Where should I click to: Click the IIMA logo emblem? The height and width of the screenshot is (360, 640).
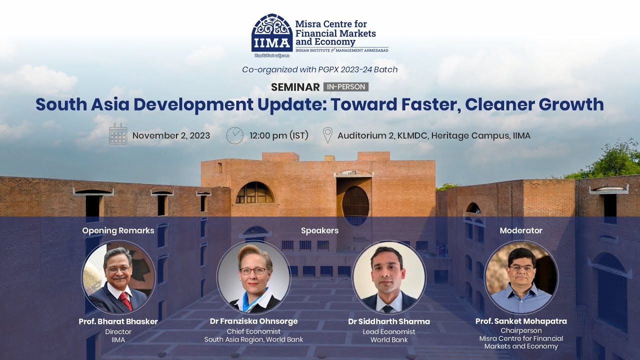pos(272,32)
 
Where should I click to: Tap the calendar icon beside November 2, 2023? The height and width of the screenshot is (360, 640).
pos(118,134)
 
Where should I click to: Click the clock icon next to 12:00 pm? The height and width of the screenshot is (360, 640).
pos(234,135)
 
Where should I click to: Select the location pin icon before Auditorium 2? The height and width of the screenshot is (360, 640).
pos(327,135)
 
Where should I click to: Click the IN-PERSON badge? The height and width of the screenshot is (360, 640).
pos(346,87)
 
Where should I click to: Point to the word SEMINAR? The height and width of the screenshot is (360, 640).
pos(295,87)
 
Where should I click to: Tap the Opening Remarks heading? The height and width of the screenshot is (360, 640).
pos(118,230)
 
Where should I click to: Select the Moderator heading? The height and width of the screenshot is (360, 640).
pos(521,230)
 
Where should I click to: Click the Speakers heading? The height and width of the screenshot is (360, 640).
pos(319,230)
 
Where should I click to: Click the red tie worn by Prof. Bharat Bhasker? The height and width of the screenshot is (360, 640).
pos(125,301)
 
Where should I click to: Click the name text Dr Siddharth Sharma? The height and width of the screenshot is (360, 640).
pos(389,321)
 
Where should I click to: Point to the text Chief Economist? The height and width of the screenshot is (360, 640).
pos(253,331)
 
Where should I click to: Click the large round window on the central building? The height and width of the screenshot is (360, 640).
pos(355,205)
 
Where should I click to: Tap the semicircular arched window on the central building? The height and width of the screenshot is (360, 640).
pos(254,193)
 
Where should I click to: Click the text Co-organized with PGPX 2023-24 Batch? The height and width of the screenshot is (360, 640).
pos(319,69)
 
